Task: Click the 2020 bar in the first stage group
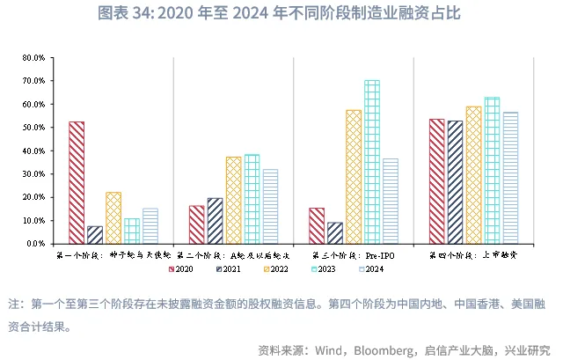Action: coord(77,182)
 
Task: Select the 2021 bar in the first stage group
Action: coord(95,234)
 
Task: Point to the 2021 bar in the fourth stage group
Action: coord(456,181)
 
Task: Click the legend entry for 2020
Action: coord(180,269)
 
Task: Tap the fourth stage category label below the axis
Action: coord(473,255)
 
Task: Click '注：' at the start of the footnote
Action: coord(17,304)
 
